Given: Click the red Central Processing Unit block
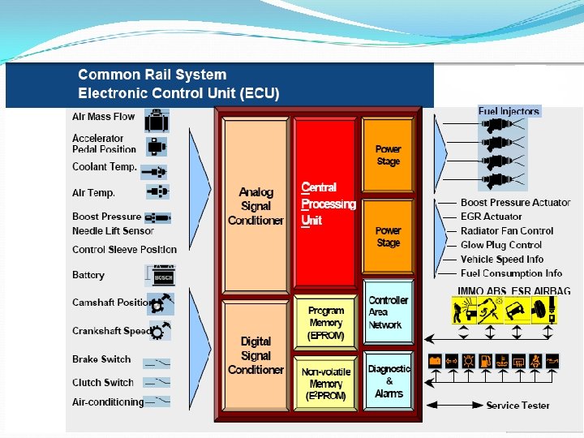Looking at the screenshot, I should (x=325, y=202).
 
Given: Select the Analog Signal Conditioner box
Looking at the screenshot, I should (x=255, y=206).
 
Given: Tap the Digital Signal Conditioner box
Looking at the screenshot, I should (x=255, y=355).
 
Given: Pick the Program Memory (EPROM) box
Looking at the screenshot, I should (x=325, y=323).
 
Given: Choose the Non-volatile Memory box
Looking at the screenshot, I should (x=325, y=384).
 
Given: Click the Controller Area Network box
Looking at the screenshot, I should (x=388, y=312).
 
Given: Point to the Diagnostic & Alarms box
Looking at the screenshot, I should (x=389, y=380).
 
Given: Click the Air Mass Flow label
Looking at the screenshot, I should (x=104, y=117).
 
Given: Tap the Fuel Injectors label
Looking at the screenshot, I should (x=509, y=111).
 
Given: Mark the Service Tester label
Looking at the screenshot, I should (x=517, y=406).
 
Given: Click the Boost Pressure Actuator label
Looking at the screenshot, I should (x=515, y=203).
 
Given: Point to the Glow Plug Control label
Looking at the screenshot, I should (x=501, y=245).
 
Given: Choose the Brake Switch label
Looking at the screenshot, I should (x=101, y=359).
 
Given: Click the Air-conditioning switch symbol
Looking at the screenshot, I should (x=158, y=401).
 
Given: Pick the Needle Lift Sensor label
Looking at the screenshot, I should (x=113, y=231).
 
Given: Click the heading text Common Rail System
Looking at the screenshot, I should (x=152, y=75).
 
